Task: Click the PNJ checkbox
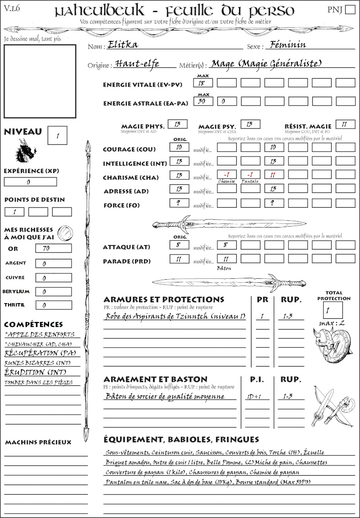[349, 10]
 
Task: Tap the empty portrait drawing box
[40, 81]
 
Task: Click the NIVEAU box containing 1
[58, 135]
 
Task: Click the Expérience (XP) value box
[31, 182]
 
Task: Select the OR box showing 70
[53, 248]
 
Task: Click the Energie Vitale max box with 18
[203, 83]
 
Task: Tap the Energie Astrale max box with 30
[203, 102]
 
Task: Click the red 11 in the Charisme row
[274, 174]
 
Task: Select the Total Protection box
[333, 310]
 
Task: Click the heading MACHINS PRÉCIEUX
[38, 442]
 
